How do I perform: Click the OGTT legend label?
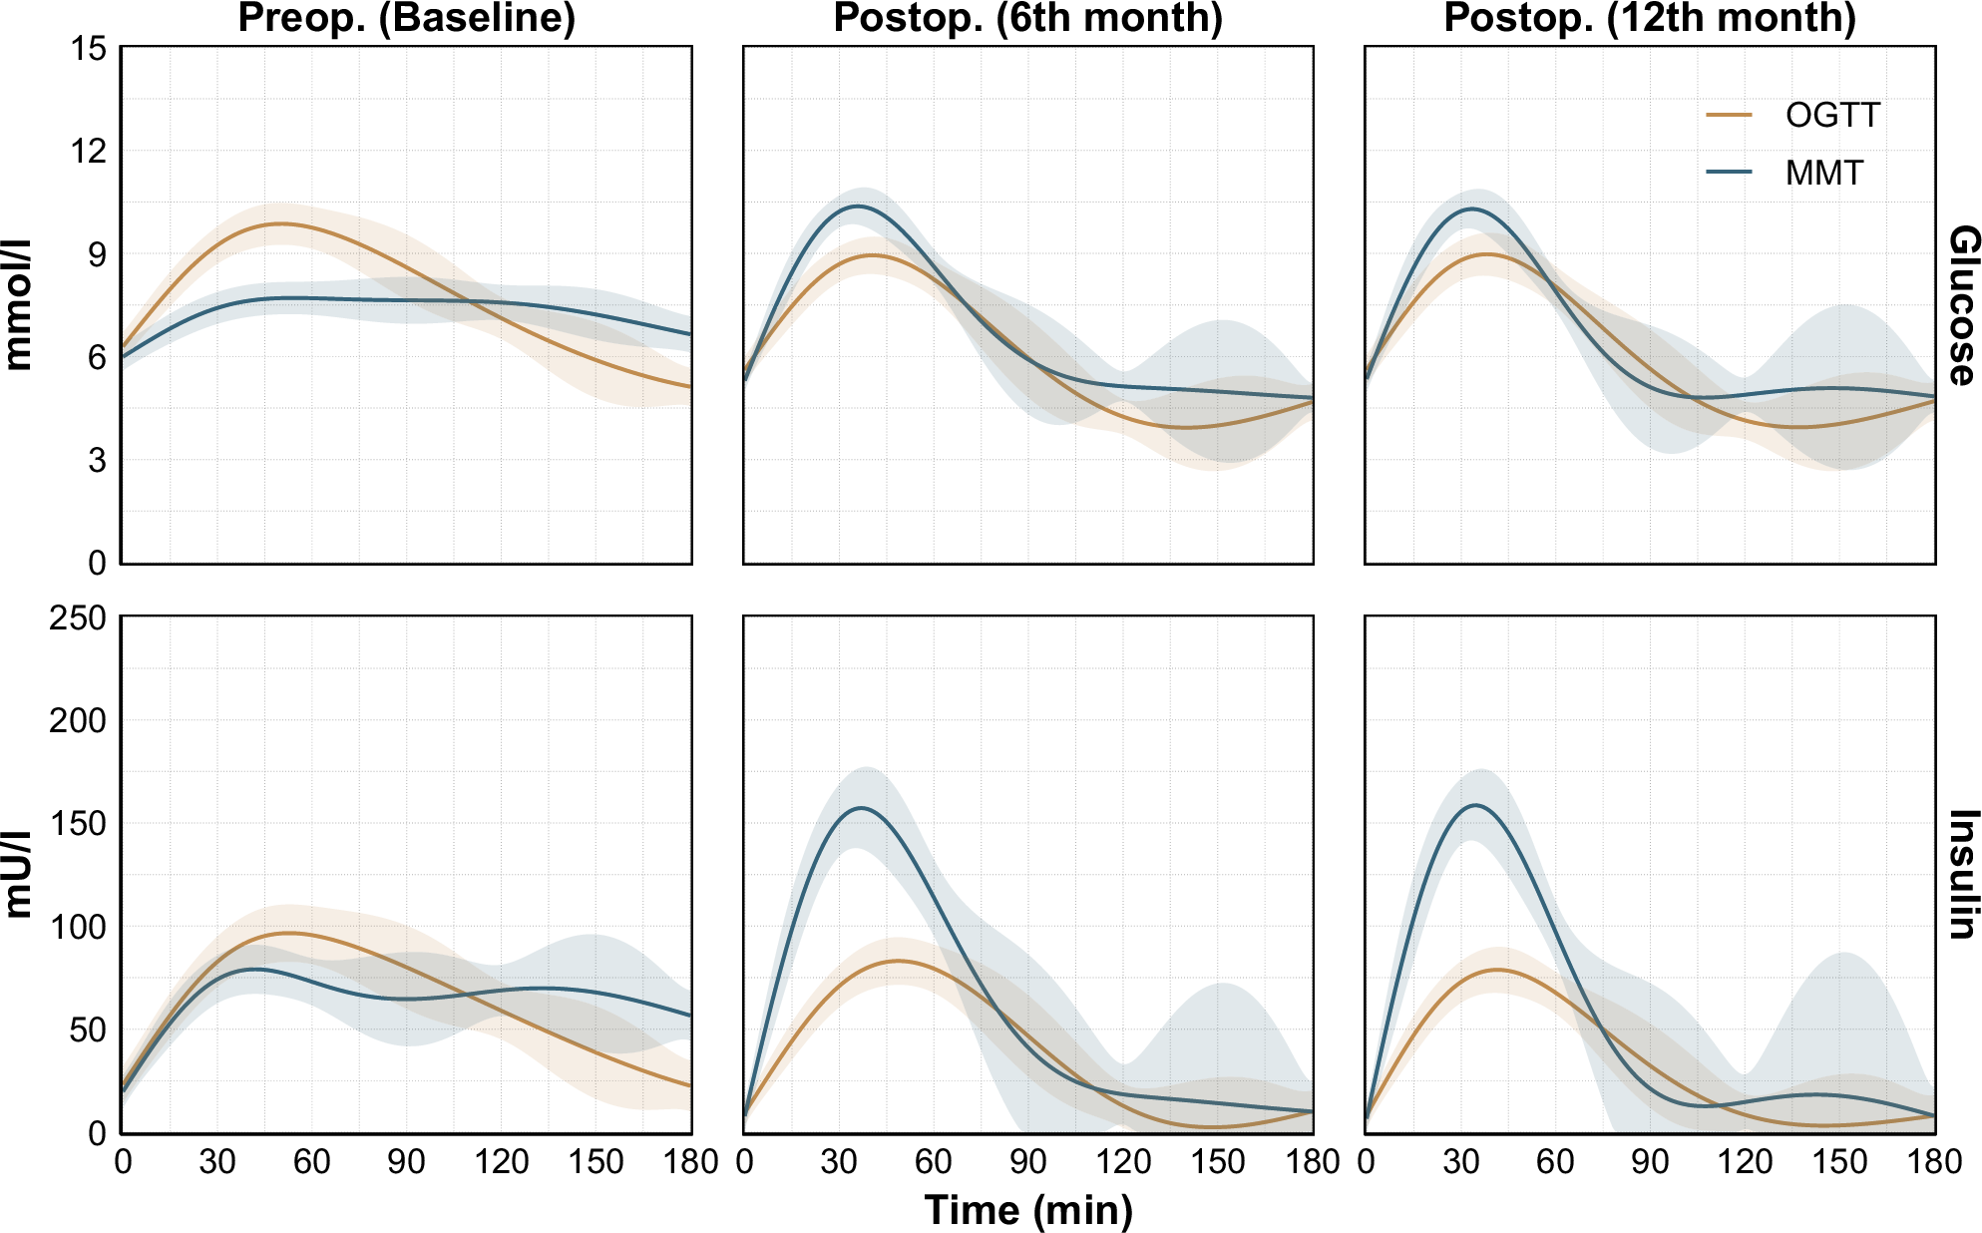pyautogui.click(x=1831, y=116)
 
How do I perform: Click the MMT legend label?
pyautogui.click(x=1823, y=174)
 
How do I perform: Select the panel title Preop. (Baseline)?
pyautogui.click(x=406, y=18)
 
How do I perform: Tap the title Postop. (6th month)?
pyautogui.click(x=1027, y=18)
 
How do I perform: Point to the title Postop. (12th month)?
pyautogui.click(x=1650, y=18)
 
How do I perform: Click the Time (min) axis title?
pyautogui.click(x=1028, y=1210)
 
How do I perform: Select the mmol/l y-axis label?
pyautogui.click(x=18, y=305)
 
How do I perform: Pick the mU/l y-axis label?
pyautogui.click(x=18, y=875)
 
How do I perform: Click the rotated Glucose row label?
pyautogui.click(x=1962, y=305)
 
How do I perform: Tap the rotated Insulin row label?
pyautogui.click(x=1962, y=875)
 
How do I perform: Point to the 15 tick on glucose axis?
pyautogui.click(x=89, y=48)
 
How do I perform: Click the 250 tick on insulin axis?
pyautogui.click(x=78, y=618)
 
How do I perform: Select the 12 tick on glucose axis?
pyautogui.click(x=89, y=152)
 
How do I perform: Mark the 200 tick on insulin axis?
pyautogui.click(x=78, y=721)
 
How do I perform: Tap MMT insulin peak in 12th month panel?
pyautogui.click(x=1475, y=805)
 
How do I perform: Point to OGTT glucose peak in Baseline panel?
pyautogui.click(x=281, y=223)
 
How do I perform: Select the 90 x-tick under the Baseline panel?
pyautogui.click(x=406, y=1161)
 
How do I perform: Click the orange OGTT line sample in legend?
pyautogui.click(x=1729, y=116)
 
